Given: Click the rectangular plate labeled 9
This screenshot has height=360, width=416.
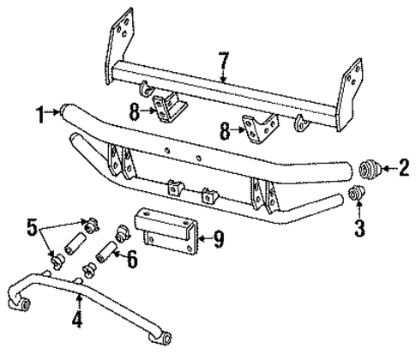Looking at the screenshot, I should click(167, 231).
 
